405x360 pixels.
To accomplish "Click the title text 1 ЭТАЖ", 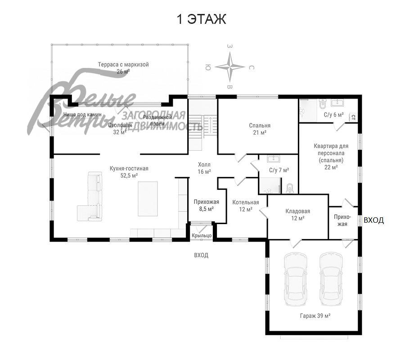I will [x=201, y=20].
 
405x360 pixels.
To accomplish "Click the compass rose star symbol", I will [x=229, y=67].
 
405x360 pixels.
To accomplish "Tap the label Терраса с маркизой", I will [x=123, y=65].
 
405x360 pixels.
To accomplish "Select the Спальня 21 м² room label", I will [x=260, y=129].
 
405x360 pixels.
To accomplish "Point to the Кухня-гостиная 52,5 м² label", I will [x=129, y=172].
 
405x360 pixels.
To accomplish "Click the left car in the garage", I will [x=295, y=279].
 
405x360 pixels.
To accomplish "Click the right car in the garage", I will [x=331, y=279].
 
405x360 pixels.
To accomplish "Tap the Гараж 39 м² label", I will [x=315, y=316].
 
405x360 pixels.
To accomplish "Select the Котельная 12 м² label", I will [x=246, y=206].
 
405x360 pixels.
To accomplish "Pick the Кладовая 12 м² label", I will [x=297, y=214].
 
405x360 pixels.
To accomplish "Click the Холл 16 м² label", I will [x=204, y=168].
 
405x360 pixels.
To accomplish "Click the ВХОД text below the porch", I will [x=201, y=255].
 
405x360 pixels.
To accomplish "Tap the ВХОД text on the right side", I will [x=373, y=220].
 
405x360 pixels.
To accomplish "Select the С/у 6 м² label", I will [x=333, y=115].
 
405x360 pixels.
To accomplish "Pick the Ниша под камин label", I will [x=82, y=115].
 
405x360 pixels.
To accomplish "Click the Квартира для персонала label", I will [x=331, y=153].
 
